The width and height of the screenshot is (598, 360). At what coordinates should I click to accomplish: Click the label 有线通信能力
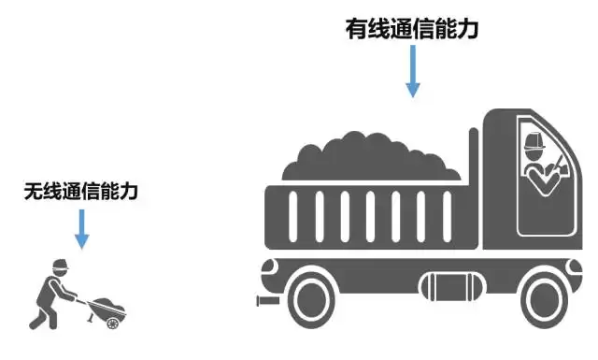pyautogui.click(x=412, y=29)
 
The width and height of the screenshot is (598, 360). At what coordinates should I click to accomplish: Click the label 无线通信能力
pyautogui.click(x=81, y=193)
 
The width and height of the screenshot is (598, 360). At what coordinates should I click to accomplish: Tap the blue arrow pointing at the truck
pyautogui.click(x=412, y=71)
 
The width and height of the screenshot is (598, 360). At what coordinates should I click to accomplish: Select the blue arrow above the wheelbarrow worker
pyautogui.click(x=81, y=228)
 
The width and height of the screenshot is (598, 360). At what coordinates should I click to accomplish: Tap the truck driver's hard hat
pyautogui.click(x=535, y=141)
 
